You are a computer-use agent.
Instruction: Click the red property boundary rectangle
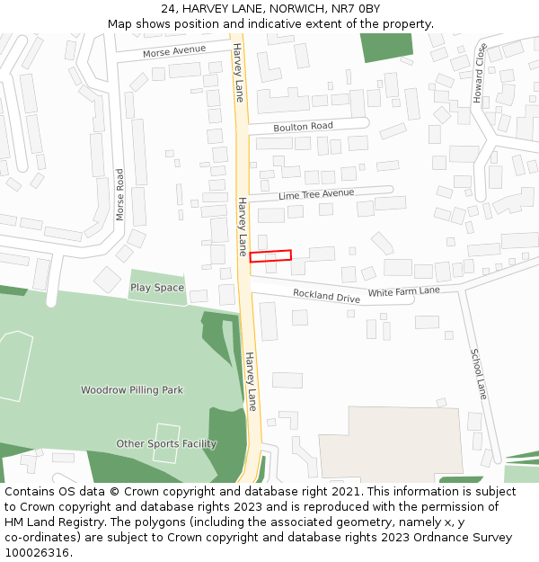pos(270,256)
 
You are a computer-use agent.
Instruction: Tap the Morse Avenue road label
pos(174,52)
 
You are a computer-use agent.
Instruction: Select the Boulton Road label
pos(303,127)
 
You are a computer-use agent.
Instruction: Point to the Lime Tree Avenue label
pos(316,193)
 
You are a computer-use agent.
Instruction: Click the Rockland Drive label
pos(326,296)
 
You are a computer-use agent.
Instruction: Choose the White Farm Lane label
pos(404,291)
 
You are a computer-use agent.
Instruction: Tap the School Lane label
pos(480,374)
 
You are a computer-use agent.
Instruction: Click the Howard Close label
pos(480,72)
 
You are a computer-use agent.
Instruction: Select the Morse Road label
pos(120,195)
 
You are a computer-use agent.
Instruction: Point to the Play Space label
pos(157,288)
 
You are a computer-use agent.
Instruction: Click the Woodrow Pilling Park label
pos(132,390)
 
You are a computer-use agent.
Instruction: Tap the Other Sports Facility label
pos(166,443)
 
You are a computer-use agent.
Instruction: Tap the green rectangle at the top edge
pos(387,47)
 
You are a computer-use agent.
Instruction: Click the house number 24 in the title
pos(168,9)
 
